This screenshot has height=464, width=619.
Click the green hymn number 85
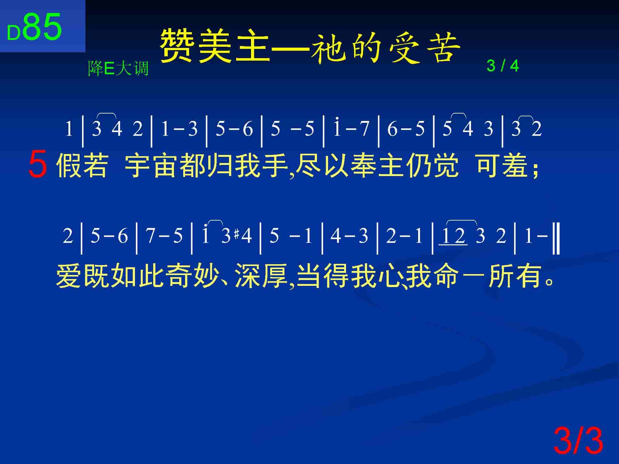(42, 27)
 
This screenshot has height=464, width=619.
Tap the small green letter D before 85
(14, 33)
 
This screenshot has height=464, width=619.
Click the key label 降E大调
(118, 68)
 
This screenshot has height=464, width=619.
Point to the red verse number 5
(38, 164)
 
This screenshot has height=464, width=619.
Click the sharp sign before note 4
(237, 236)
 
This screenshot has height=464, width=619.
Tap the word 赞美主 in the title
(214, 46)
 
